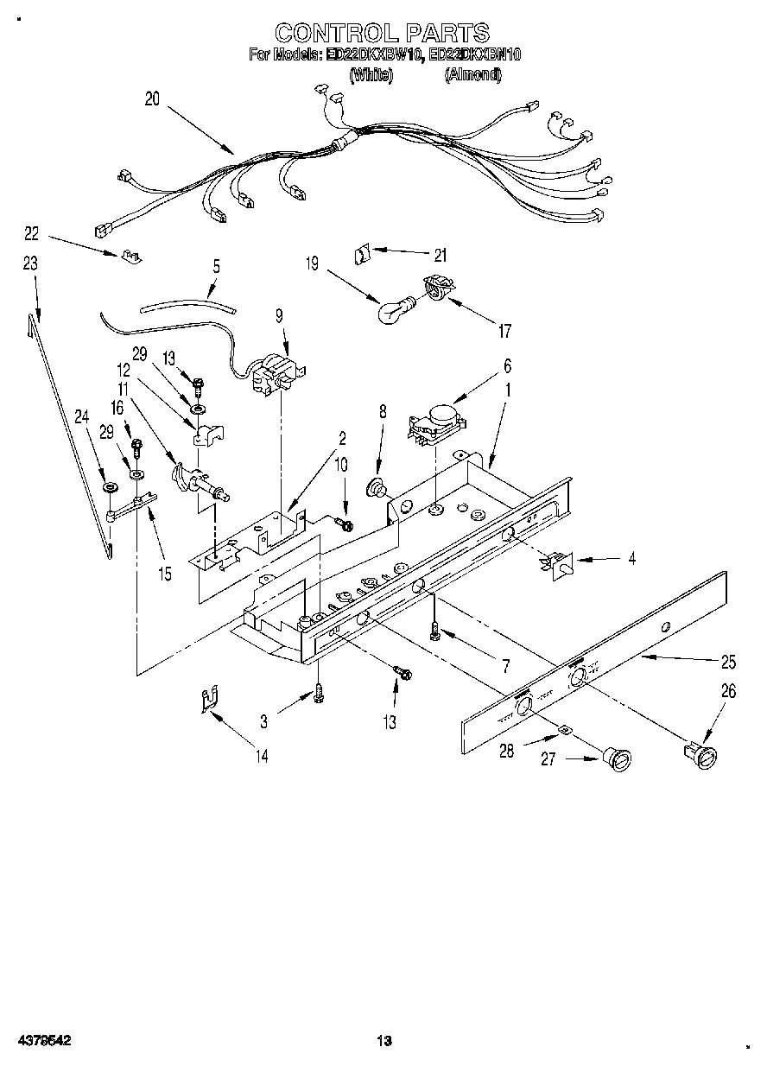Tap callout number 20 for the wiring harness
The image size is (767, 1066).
[x=152, y=99]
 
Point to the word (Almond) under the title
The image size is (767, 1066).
[x=472, y=74]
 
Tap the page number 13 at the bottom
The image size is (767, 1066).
[x=385, y=1041]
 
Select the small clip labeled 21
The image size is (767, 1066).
[x=361, y=255]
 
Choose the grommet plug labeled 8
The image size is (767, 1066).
[x=378, y=489]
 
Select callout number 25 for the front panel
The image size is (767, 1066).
[x=728, y=663]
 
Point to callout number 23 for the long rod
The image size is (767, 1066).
[x=30, y=265]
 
